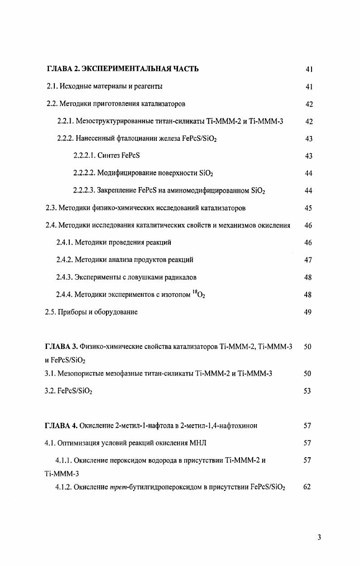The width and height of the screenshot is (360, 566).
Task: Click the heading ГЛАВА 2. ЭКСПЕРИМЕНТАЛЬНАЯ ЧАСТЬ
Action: [123, 69]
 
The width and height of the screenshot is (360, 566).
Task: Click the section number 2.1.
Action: [53, 86]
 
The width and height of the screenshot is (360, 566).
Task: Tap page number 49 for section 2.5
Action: [308, 312]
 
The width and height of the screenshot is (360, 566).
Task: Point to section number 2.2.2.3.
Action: [84, 191]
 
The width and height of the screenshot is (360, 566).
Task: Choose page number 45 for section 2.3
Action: [308, 208]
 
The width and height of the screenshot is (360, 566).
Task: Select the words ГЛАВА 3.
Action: [61, 347]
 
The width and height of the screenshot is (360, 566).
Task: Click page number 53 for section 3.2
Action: [308, 391]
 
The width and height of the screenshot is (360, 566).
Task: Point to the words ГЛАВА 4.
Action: [61, 426]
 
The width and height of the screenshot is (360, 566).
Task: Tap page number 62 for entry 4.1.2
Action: [308, 488]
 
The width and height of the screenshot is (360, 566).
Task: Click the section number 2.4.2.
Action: [64, 260]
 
